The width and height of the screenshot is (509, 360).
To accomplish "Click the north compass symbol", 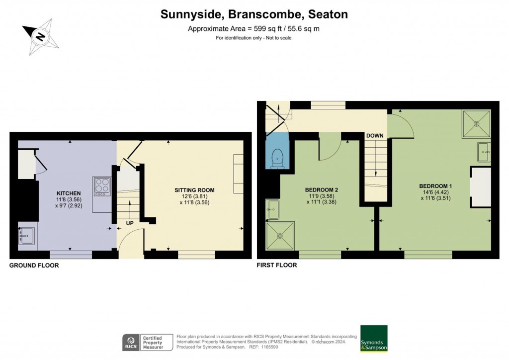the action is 40,36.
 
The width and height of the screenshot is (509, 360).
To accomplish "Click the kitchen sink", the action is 27,234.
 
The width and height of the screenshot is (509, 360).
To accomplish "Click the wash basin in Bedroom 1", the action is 484,152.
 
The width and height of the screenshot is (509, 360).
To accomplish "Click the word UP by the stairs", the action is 129,223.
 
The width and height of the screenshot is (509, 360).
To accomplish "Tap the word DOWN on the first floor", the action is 374,136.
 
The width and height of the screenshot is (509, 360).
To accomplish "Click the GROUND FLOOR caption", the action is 34,266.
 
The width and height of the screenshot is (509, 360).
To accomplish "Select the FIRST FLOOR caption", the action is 277,266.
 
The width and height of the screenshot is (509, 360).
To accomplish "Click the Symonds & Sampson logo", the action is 374,339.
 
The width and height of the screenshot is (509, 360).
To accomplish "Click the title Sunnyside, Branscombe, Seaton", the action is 254,14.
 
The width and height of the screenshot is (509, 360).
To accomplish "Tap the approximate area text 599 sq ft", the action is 254,29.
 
